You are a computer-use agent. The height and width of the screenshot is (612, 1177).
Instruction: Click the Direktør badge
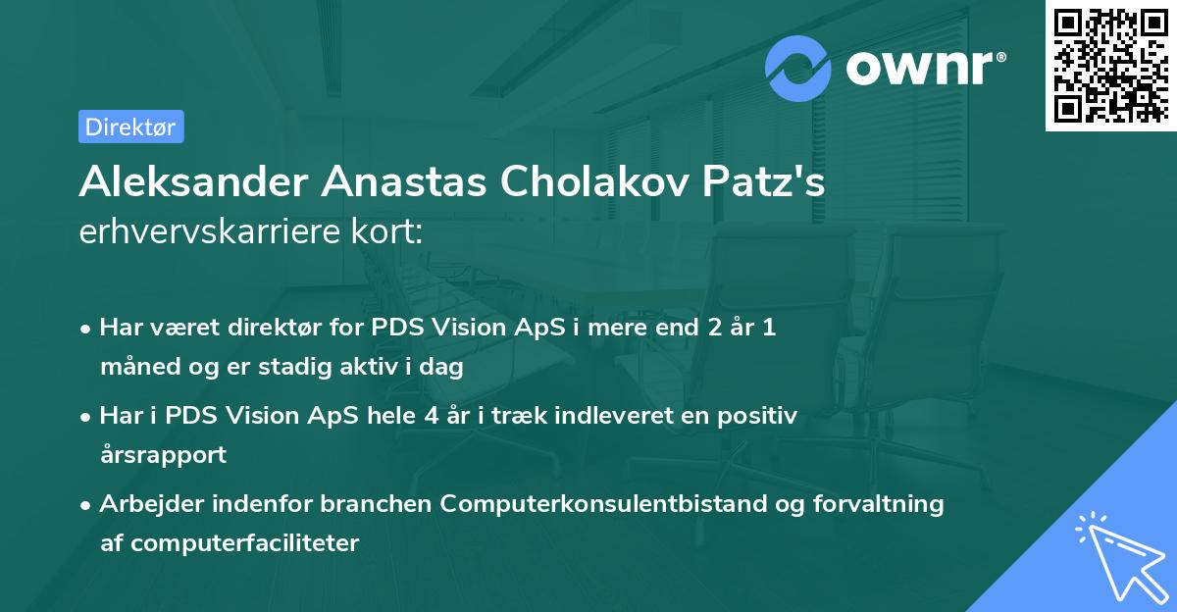pyautogui.click(x=130, y=127)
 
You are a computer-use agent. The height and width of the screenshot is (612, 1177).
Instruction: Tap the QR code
pyautogui.click(x=1109, y=67)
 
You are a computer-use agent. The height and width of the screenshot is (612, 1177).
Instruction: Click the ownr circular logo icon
pyautogui.click(x=798, y=68)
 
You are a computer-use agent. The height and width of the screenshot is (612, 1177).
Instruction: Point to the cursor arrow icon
pyautogui.click(x=1117, y=554)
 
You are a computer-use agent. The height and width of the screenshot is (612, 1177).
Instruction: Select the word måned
pyautogui.click(x=132, y=368)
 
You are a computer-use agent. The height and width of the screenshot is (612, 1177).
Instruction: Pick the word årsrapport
pyautogui.click(x=163, y=455)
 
